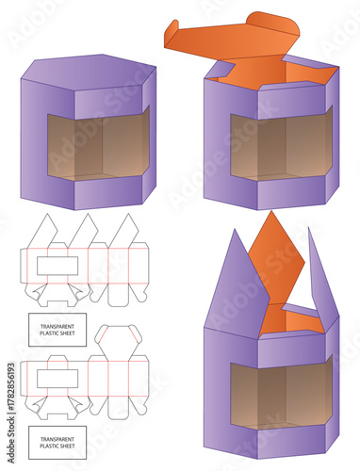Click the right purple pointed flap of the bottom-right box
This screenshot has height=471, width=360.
[x=320, y=283]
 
